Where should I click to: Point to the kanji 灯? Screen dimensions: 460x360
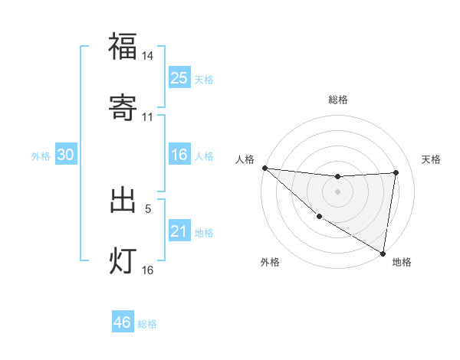point(123,260)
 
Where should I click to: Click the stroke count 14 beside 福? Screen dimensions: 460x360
point(148,56)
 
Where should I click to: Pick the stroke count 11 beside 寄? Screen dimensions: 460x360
point(148,116)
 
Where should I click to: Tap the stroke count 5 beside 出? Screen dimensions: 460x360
point(148,208)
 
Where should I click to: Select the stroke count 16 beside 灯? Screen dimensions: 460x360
point(148,270)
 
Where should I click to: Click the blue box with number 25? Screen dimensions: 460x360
point(179,78)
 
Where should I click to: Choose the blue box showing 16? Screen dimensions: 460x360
point(179,155)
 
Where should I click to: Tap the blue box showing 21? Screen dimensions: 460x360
point(179,231)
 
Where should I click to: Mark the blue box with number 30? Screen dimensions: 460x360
point(66,155)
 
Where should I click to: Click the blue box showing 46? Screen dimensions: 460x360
point(123,322)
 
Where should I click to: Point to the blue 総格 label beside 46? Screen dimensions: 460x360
point(147,324)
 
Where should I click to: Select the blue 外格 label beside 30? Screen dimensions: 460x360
point(41,156)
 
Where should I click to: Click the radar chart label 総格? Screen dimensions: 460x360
point(338,100)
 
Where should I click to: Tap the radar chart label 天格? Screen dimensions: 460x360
point(432,159)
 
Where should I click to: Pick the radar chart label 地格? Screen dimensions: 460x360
point(402,262)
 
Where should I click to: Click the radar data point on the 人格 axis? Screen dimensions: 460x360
point(264,168)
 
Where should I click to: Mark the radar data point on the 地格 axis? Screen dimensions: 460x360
point(383,253)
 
